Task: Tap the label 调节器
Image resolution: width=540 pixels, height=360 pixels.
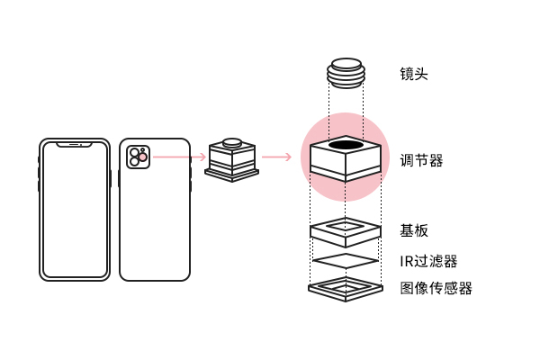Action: click(421, 161)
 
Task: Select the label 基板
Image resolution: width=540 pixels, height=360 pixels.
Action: click(414, 230)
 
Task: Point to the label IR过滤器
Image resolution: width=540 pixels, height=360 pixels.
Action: click(428, 261)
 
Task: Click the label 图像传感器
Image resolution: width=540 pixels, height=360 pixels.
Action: click(436, 288)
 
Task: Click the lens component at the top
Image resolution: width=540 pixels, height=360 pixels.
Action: click(346, 71)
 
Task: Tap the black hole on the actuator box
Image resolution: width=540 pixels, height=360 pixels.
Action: click(346, 145)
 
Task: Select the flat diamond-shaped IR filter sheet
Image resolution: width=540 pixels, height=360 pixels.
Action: click(346, 261)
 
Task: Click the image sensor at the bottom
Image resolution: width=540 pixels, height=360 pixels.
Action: click(346, 288)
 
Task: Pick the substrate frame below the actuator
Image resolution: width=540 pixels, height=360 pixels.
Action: click(346, 230)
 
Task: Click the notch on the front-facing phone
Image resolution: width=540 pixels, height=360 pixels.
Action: click(74, 143)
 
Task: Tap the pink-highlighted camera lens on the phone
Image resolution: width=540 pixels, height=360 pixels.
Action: click(142, 157)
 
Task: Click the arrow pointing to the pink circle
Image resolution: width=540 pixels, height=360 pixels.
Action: click(276, 157)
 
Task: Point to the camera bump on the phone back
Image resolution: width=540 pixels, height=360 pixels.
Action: click(138, 157)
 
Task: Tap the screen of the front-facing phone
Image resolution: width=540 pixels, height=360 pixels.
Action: click(74, 211)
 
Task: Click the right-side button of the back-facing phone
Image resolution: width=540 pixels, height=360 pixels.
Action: click(191, 176)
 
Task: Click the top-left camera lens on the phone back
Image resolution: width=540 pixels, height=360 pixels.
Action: click(133, 152)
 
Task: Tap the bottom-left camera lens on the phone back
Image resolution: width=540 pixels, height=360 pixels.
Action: click(133, 163)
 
